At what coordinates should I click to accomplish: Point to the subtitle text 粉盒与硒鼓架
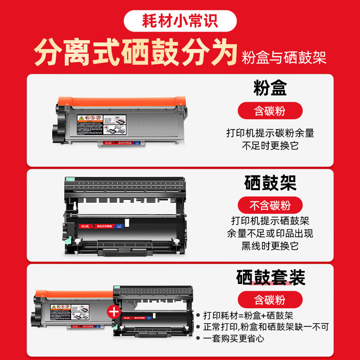tap(284, 58)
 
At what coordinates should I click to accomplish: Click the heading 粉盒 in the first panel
tap(270, 89)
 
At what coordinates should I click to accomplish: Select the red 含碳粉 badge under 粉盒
tap(270, 110)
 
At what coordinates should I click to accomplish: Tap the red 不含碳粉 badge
tap(270, 206)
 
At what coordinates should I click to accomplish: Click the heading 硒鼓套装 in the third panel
tap(270, 277)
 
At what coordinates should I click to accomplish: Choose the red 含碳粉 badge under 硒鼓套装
tap(270, 300)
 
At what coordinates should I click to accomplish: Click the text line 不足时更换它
tap(270, 145)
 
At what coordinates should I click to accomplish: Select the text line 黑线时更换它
tap(270, 246)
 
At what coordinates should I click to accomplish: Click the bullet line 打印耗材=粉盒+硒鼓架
tap(248, 315)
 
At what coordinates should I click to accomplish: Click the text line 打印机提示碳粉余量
tap(270, 133)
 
